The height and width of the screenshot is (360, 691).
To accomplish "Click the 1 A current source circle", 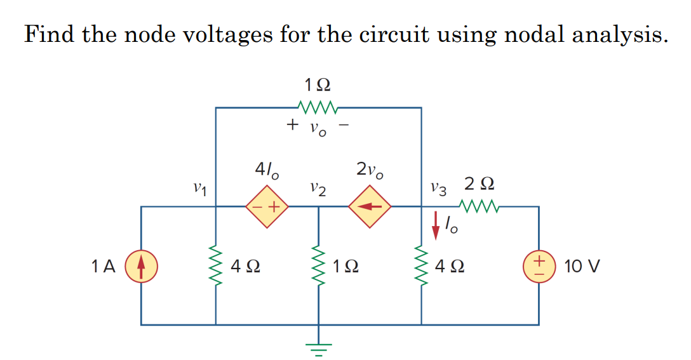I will pyautogui.click(x=141, y=265).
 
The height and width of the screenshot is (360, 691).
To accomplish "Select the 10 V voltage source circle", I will pyautogui.click(x=539, y=265).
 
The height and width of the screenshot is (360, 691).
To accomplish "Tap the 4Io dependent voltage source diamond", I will pyautogui.click(x=267, y=206).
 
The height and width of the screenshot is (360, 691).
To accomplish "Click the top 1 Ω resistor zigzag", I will pyautogui.click(x=318, y=105).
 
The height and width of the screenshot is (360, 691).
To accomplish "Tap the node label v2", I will pyautogui.click(x=318, y=189).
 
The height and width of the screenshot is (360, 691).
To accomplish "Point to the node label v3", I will pyautogui.click(x=438, y=188).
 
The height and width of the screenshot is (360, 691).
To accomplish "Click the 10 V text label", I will pyautogui.click(x=580, y=266).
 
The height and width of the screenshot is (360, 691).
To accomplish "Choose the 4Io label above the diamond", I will pyautogui.click(x=265, y=170).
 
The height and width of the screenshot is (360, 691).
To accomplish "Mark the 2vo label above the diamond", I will pyautogui.click(x=370, y=170).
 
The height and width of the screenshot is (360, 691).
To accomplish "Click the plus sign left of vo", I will pyautogui.click(x=292, y=124).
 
